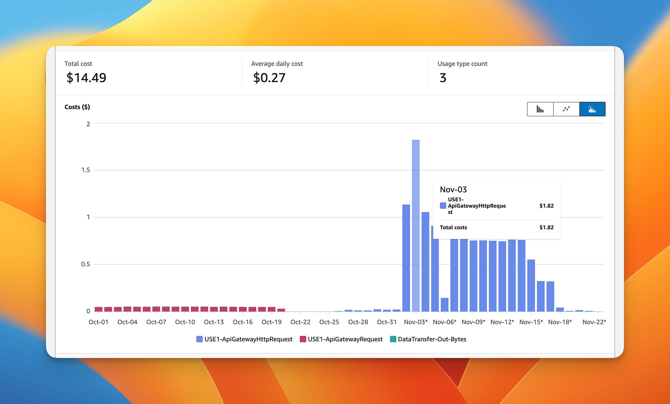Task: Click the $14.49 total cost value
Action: coord(86,78)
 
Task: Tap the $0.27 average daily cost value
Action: coord(269,78)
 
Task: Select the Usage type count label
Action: coord(462,64)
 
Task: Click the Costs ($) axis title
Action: coord(77,107)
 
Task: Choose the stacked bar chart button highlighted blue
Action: coord(592,109)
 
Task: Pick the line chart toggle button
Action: coord(566,109)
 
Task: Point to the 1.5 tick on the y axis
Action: coord(86,170)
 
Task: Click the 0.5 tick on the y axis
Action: coord(86,264)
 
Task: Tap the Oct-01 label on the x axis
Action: coord(98,322)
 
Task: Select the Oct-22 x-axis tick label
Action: coord(300,322)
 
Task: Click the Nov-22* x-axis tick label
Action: coord(594,322)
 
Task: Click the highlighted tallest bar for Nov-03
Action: coord(416,224)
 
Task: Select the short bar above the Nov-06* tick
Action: coord(445,305)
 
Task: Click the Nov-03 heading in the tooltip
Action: coord(453,190)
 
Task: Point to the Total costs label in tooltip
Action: coord(453,227)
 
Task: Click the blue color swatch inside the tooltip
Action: coord(443,206)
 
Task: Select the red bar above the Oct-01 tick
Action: coord(98,309)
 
